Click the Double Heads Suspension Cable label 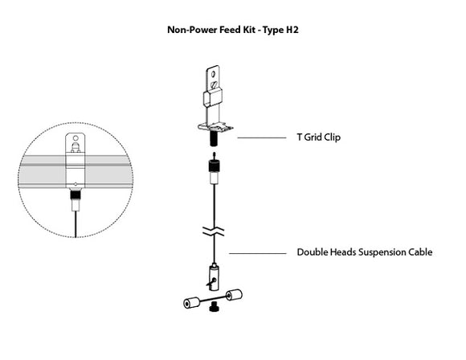(x=365, y=252)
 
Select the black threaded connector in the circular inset (x=74, y=195)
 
